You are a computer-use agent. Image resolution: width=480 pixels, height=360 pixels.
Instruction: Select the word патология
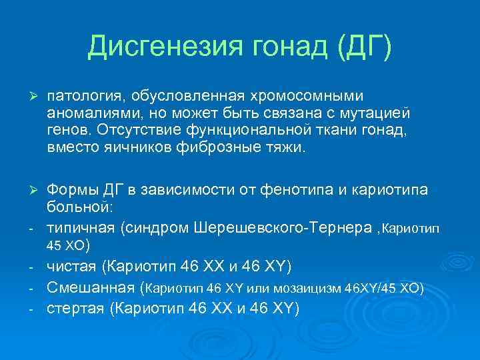(x=84, y=98)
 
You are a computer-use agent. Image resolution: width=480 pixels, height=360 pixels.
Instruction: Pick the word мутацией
(x=371, y=114)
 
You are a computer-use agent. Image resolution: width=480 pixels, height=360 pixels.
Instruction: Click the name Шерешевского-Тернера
(x=284, y=227)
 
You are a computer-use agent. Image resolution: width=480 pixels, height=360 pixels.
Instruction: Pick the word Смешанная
(x=91, y=288)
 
